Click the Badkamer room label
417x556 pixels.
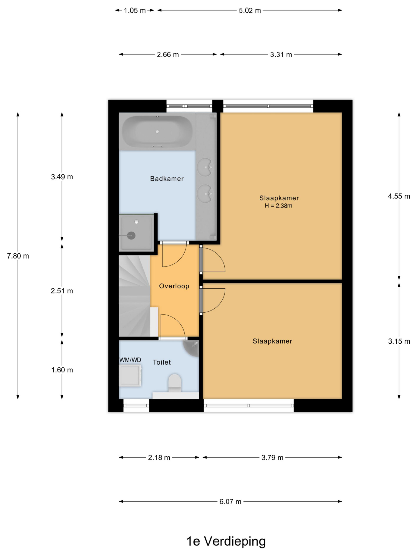[167, 179]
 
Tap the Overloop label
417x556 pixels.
[174, 286]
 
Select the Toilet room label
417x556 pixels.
[162, 362]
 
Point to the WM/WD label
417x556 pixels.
[130, 360]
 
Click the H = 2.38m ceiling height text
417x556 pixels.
[278, 206]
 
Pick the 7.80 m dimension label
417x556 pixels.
[18, 256]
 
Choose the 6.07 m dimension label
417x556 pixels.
[230, 501]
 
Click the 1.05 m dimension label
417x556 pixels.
[135, 11]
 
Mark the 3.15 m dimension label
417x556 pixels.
[399, 341]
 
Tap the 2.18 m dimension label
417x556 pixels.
[159, 457]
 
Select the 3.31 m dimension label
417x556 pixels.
[281, 55]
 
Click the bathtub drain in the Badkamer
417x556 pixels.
[157, 131]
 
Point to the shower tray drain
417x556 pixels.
[131, 235]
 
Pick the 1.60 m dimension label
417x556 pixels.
[62, 370]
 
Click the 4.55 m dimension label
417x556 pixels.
[399, 196]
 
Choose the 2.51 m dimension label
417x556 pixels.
[62, 291]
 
